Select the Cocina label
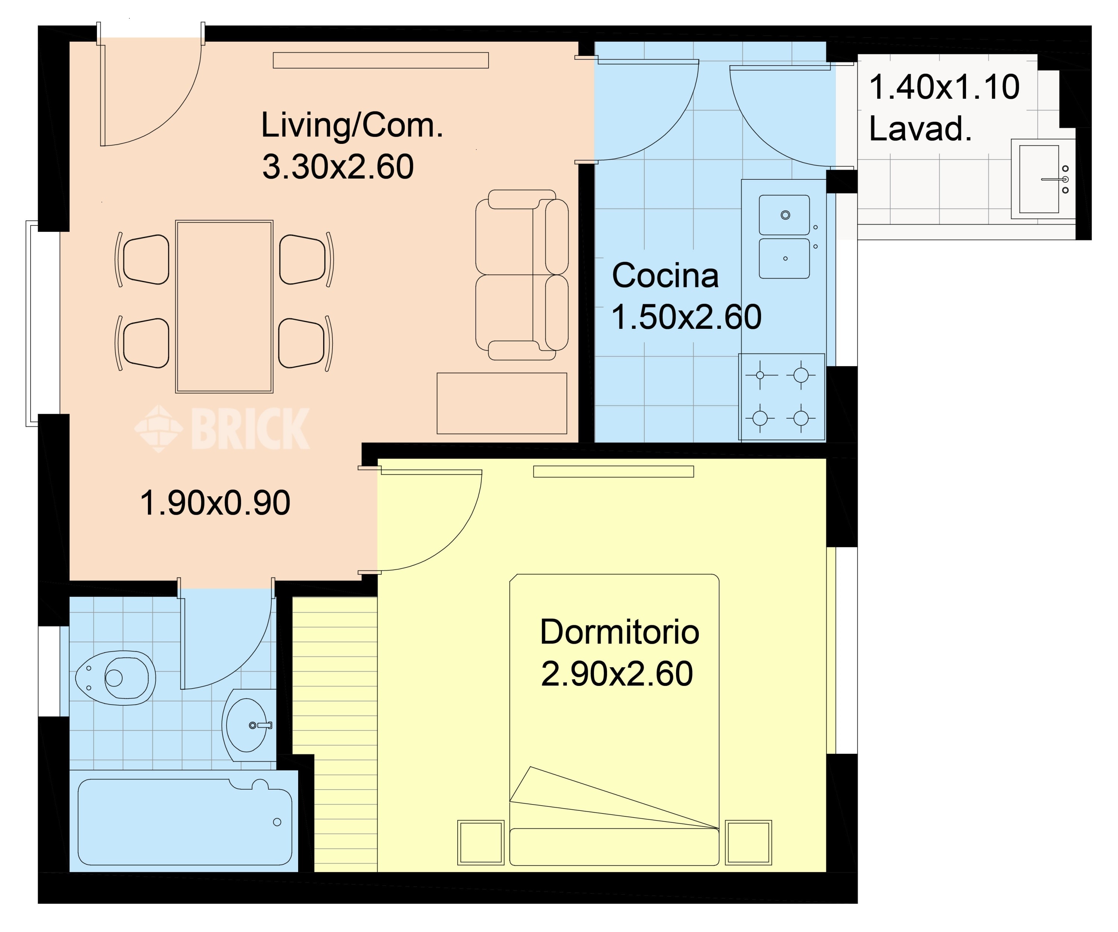666,275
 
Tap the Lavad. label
920,129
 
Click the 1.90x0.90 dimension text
215,503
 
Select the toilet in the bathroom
116,678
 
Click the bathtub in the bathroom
185,822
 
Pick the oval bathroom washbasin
246,725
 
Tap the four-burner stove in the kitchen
781,397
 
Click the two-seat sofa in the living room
522,275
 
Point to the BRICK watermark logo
222,429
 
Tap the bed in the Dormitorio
615,720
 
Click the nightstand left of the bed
481,843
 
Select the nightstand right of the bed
749,843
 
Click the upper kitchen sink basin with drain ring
784,215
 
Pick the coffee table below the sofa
502,403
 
